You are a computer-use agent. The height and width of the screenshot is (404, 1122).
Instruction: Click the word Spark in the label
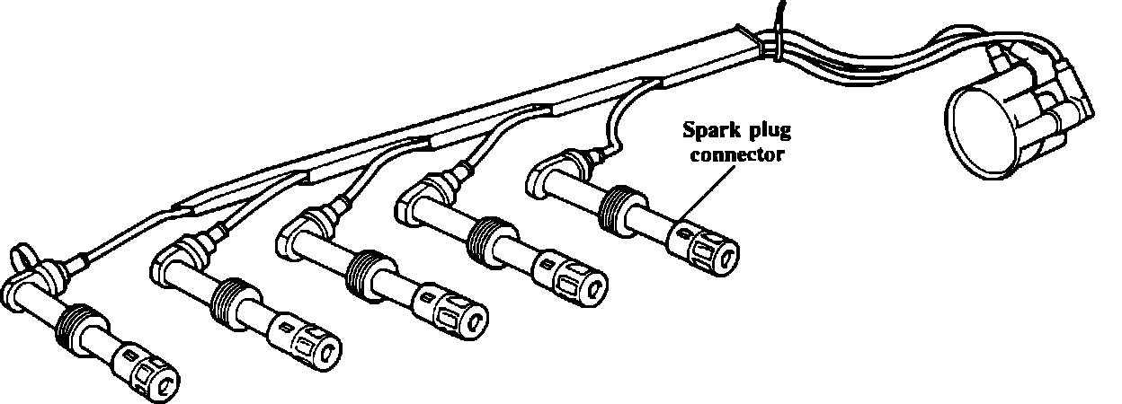[706, 133]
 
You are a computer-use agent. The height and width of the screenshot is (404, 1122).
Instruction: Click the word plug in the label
[766, 133]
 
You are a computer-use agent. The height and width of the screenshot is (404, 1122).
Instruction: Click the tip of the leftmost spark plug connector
[165, 380]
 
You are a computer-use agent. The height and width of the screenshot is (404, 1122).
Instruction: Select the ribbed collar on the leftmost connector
[73, 327]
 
